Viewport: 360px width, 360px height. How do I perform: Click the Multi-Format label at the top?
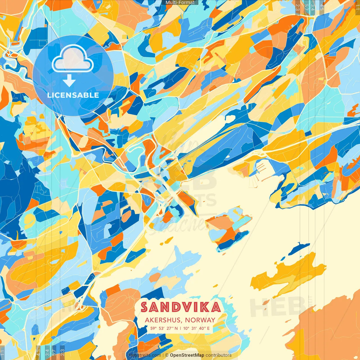tap(180, 3)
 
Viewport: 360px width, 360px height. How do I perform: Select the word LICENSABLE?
tap(73, 95)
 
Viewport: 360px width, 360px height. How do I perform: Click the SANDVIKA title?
tap(181, 307)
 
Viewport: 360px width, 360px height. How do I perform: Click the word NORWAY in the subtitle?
tap(200, 320)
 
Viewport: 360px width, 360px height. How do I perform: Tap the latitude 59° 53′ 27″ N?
tap(164, 328)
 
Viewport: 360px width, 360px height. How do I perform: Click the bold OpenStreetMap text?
tap(187, 355)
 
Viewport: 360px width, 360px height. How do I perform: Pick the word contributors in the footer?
tap(219, 355)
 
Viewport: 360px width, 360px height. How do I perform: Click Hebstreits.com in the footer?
tap(145, 355)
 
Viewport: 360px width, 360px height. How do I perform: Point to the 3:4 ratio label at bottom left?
tap(47, 352)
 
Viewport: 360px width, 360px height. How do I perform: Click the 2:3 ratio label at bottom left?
tap(62, 352)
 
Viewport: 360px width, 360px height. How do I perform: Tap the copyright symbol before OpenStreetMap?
tap(167, 355)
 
